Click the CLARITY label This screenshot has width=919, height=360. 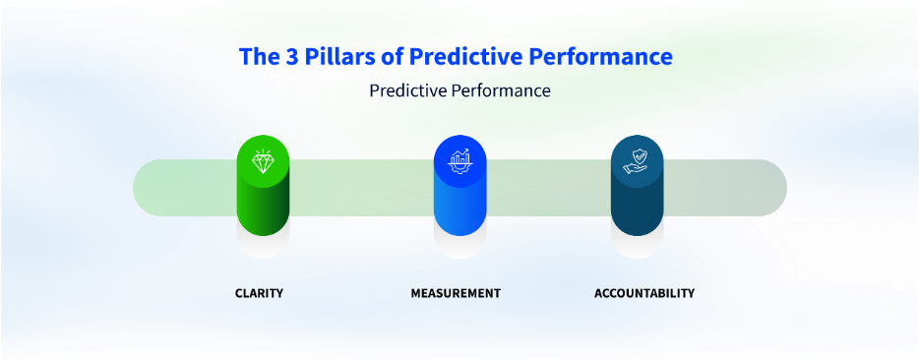[x=259, y=293]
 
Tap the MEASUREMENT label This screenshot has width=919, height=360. [x=456, y=293]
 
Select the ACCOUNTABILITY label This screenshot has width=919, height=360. [x=644, y=293]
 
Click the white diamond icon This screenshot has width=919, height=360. [x=263, y=161]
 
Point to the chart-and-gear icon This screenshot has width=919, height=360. [x=459, y=160]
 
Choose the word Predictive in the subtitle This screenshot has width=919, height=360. [x=406, y=91]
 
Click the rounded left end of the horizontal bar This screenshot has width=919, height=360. [x=141, y=188]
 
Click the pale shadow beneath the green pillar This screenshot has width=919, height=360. [x=263, y=248]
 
